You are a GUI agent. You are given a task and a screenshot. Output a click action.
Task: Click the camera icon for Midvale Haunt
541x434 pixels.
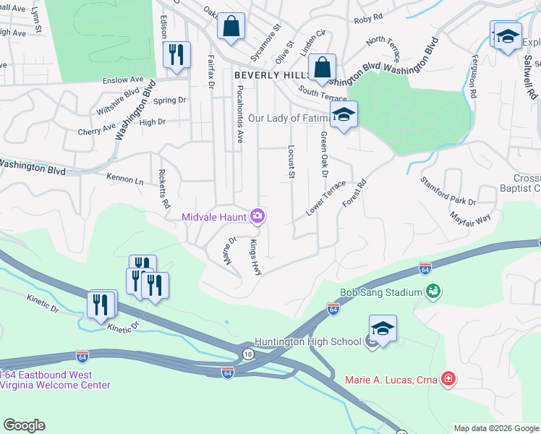(x=257, y=216)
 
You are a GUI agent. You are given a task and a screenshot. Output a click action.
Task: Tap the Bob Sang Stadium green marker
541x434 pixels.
(x=433, y=292)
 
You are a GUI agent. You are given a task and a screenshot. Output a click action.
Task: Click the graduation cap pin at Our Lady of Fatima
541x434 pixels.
(x=343, y=114)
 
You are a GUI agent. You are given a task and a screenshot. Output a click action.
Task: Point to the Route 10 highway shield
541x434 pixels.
(x=248, y=353)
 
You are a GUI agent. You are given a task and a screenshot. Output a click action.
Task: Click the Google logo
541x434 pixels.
(x=24, y=425)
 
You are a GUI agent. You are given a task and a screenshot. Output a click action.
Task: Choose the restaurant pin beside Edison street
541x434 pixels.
(x=176, y=55)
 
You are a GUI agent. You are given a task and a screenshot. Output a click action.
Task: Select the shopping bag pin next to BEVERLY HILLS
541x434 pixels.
(x=322, y=68)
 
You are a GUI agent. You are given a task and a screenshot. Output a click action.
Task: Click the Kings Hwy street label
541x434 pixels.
(x=256, y=257)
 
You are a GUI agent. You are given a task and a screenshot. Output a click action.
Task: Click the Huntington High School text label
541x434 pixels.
(x=307, y=341)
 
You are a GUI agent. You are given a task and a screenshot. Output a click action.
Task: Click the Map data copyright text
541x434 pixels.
(x=495, y=428)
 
